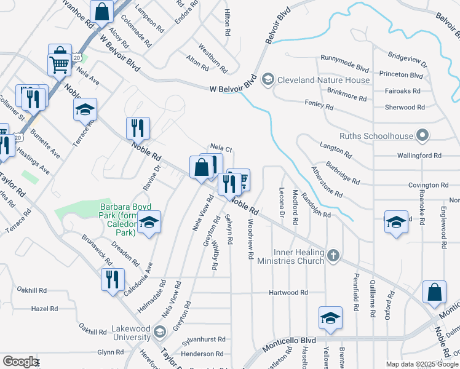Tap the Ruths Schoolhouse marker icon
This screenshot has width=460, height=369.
click(x=422, y=136)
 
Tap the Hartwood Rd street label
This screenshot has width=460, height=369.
click(x=288, y=293)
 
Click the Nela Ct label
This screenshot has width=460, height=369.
click(x=220, y=149)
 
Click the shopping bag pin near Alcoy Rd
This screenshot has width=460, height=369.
click(x=101, y=11)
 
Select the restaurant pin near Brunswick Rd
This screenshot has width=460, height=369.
click(x=113, y=280)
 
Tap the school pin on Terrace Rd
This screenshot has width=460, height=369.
click(x=85, y=109)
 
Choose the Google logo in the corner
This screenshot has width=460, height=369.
click(x=20, y=362)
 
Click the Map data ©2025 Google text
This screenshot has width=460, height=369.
click(x=421, y=364)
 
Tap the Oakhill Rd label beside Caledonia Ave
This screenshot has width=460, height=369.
click(x=32, y=290)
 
